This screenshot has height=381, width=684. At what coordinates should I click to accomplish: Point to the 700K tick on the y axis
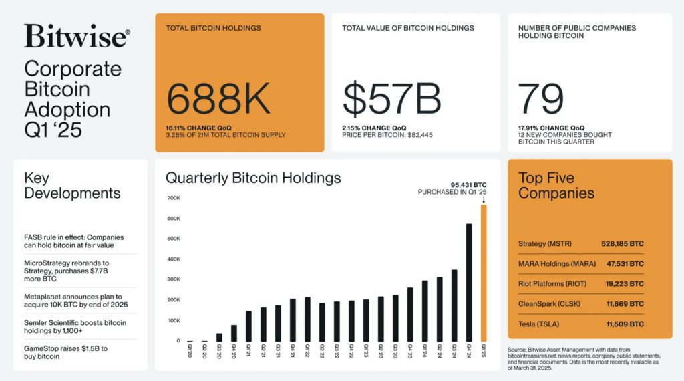point(173,199)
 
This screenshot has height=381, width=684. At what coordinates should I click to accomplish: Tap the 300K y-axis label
point(173,279)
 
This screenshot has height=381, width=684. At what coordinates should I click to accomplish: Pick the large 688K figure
point(218,99)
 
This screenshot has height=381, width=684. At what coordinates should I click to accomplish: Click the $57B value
point(391,99)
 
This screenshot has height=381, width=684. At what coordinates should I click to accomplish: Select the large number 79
point(541,99)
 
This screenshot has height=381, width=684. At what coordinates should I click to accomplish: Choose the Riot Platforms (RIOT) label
point(552,284)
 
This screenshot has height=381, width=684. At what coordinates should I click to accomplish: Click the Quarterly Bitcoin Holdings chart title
point(253,178)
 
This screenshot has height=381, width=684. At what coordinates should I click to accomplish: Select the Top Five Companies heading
point(556,186)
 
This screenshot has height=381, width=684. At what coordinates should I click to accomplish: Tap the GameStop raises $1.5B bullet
point(67,352)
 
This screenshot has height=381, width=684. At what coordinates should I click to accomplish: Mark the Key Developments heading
point(72,186)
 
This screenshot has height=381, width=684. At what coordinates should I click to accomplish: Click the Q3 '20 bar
point(219,337)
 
